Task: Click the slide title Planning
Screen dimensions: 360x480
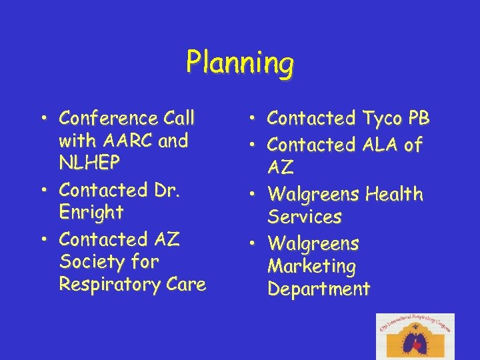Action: tap(240, 63)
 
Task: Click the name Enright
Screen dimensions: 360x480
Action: tap(91, 213)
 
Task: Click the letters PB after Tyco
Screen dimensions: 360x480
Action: tap(419, 119)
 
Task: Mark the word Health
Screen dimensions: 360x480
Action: tap(395, 195)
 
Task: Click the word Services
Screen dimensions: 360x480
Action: tap(305, 217)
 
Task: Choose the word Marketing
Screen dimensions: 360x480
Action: tap(311, 266)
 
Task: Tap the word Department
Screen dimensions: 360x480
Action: tap(318, 289)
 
